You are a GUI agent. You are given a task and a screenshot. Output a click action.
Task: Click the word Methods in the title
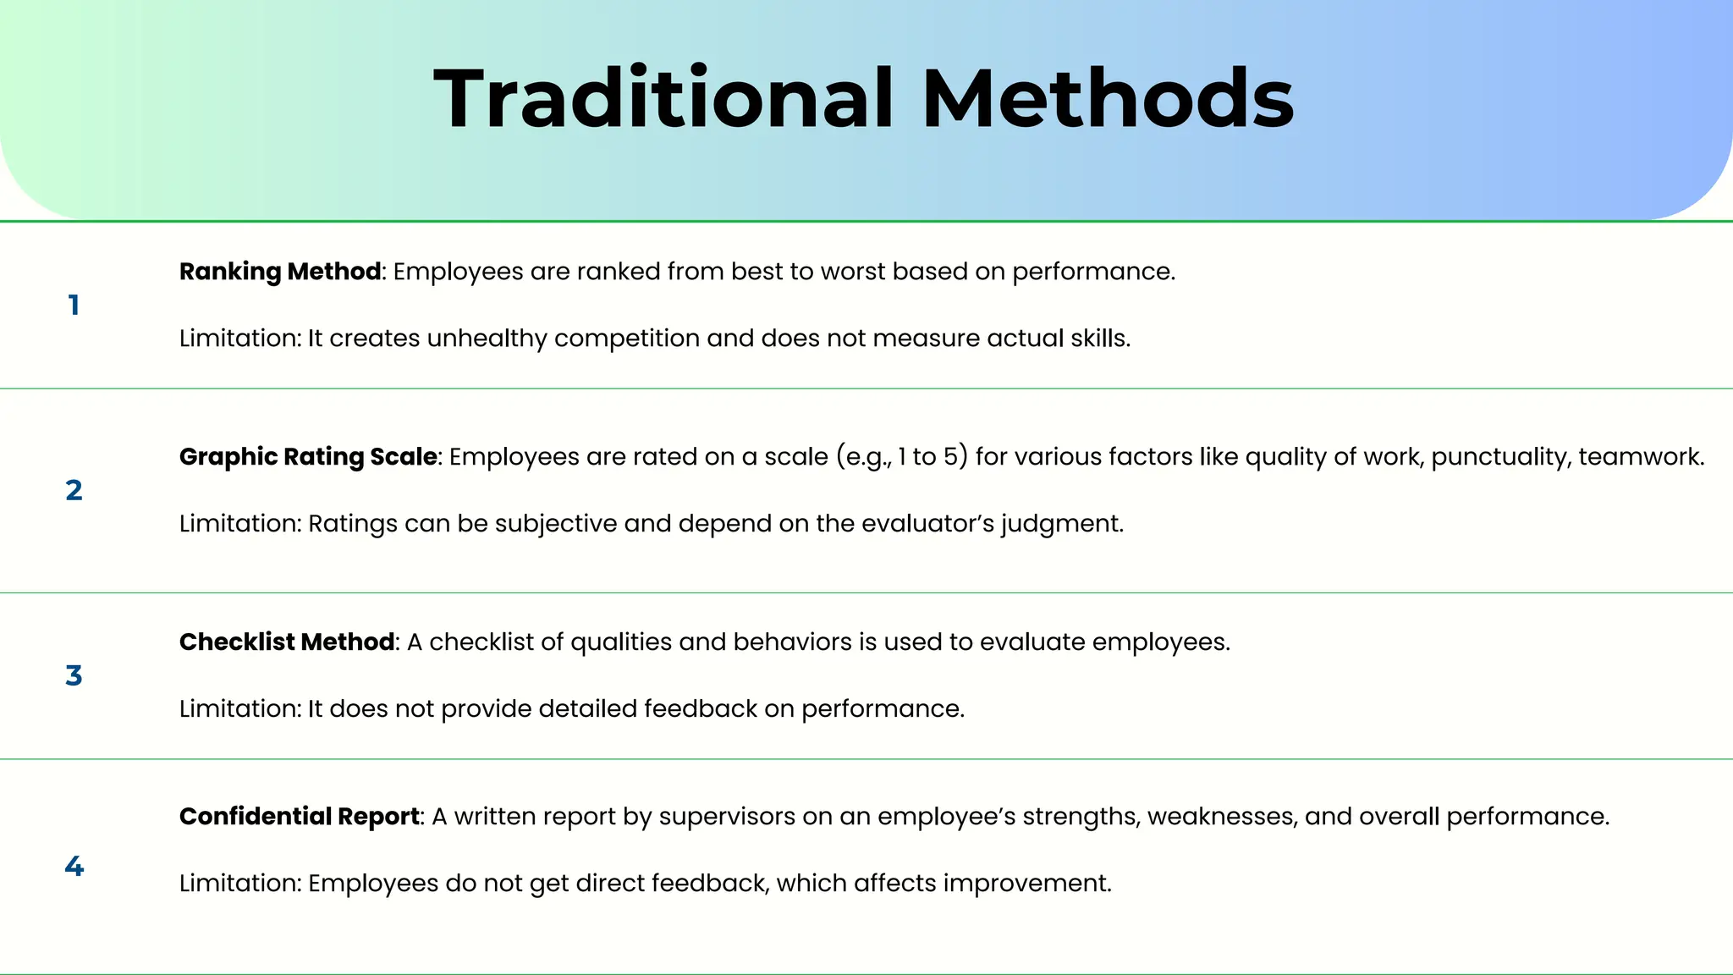pos(1108,99)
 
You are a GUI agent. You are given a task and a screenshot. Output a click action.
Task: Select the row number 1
pos(74,306)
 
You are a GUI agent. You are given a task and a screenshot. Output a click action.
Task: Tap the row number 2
pos(74,490)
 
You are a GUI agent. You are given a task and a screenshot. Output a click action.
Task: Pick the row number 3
pos(74,675)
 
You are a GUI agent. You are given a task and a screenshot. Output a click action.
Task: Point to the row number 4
pos(74,866)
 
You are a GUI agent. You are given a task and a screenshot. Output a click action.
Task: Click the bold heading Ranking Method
pos(280,272)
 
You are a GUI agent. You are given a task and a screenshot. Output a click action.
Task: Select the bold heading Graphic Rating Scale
pos(308,457)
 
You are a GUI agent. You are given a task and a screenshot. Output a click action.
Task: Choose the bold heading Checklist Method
pos(287,642)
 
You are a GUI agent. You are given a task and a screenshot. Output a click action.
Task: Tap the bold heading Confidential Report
pos(300,817)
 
